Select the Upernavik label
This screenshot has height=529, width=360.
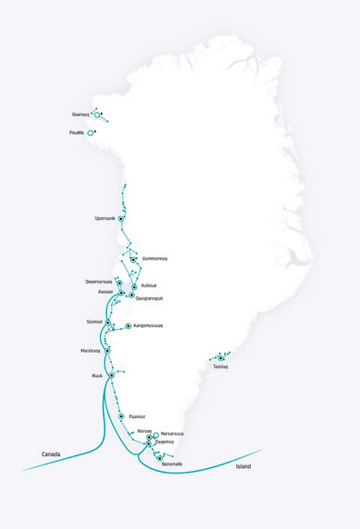tap(105, 218)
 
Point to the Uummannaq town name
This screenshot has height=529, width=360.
tap(155, 259)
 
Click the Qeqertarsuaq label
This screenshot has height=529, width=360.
tap(98, 282)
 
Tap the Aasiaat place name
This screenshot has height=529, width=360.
tap(105, 293)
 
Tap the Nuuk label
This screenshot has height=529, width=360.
tap(97, 374)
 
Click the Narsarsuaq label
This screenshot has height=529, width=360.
tap(173, 434)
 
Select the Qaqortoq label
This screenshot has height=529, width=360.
tap(165, 443)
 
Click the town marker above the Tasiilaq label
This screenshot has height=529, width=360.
tap(221, 358)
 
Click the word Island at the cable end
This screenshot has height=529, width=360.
tap(243, 466)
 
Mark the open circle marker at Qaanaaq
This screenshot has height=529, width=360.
tap(97, 115)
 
